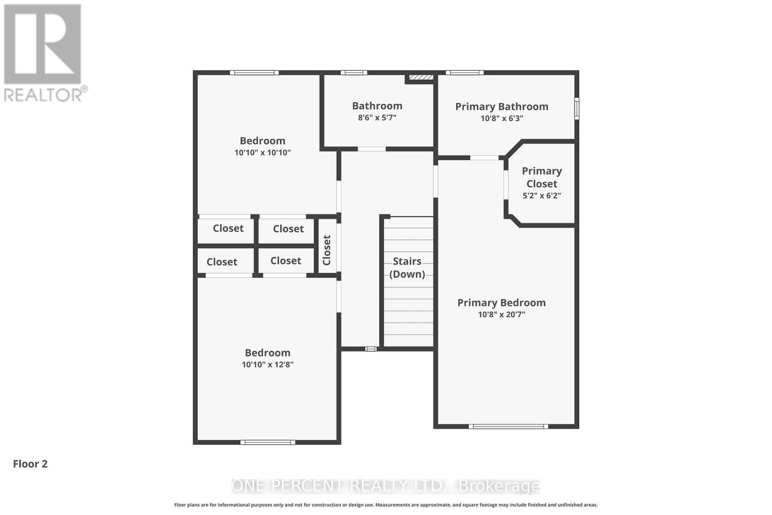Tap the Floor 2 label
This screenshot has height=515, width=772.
click(x=30, y=464)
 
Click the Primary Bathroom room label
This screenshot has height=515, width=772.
click(x=502, y=107)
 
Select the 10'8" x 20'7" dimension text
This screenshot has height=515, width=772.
click(x=501, y=314)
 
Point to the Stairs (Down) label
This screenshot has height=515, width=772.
click(x=407, y=267)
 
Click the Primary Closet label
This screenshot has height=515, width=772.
click(x=542, y=177)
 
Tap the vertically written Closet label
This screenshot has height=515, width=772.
click(x=327, y=250)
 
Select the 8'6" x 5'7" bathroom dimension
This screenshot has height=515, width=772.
click(x=377, y=117)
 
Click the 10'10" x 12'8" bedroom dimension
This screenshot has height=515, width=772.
click(x=267, y=364)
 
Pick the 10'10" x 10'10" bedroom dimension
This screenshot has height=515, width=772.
click(x=262, y=153)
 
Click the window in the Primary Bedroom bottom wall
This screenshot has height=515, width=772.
click(x=508, y=426)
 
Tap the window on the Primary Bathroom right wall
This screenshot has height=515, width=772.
click(x=577, y=109)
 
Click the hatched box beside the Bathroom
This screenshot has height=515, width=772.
click(x=420, y=77)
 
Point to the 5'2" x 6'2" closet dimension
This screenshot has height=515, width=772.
click(x=542, y=195)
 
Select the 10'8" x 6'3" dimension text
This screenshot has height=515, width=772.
click(x=502, y=118)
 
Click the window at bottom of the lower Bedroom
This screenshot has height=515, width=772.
click(x=267, y=442)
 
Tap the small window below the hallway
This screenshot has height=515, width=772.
click(x=371, y=348)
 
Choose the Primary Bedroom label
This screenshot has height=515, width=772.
click(x=501, y=303)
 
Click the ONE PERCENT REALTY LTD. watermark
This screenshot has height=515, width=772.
click(x=386, y=486)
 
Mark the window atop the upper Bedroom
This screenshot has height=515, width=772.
click(x=254, y=73)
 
